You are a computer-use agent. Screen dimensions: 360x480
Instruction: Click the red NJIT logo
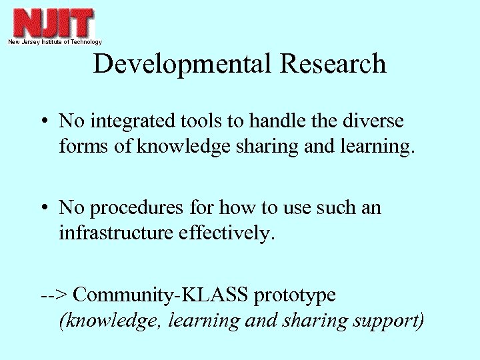[54, 23]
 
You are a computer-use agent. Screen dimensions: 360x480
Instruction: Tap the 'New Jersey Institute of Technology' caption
[55, 42]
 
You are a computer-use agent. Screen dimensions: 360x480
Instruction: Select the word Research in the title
[333, 64]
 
